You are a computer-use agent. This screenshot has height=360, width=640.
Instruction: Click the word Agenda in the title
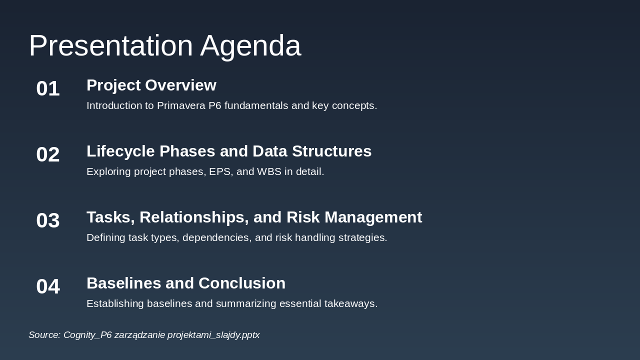pyautogui.click(x=250, y=46)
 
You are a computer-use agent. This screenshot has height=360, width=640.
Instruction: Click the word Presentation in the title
pyautogui.click(x=111, y=45)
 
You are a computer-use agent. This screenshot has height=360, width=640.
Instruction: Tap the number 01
pyautogui.click(x=48, y=88)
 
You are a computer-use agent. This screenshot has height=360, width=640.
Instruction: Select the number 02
pyautogui.click(x=48, y=154)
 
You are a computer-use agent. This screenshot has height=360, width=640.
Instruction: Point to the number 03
pyautogui.click(x=48, y=220)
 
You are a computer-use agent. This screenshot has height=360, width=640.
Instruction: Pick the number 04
pyautogui.click(x=48, y=286)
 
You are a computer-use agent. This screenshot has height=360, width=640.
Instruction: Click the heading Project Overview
pyautogui.click(x=151, y=85)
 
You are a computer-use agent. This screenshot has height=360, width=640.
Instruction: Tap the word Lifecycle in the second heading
pyautogui.click(x=120, y=151)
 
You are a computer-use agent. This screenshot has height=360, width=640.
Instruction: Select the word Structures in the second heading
pyautogui.click(x=331, y=151)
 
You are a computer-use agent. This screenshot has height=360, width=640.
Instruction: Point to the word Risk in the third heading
pyautogui.click(x=303, y=217)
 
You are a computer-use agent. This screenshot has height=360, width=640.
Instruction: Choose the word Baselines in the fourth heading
pyautogui.click(x=123, y=283)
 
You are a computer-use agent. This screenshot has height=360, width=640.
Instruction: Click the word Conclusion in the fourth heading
pyautogui.click(x=242, y=283)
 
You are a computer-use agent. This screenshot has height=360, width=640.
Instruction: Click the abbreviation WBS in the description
pyautogui.click(x=269, y=171)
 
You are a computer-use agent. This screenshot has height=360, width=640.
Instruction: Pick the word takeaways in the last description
pyautogui.click(x=351, y=303)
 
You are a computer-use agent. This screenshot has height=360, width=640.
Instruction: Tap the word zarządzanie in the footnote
pyautogui.click(x=139, y=335)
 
